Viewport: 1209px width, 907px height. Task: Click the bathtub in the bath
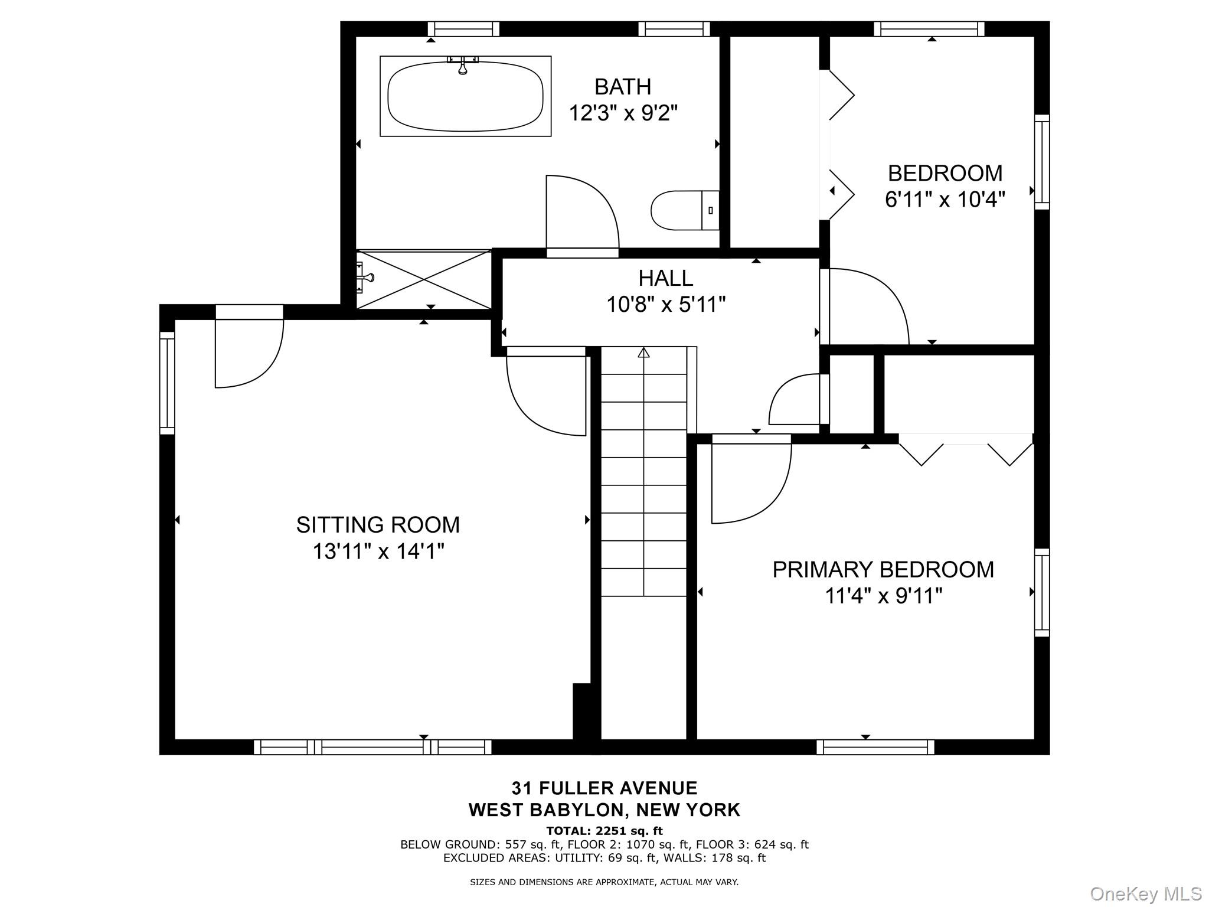(465, 96)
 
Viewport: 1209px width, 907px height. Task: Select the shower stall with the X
(424, 279)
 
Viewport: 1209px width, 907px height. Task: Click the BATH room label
(623, 87)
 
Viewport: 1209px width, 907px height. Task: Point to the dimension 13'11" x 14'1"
(378, 552)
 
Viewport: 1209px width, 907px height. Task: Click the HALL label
(665, 278)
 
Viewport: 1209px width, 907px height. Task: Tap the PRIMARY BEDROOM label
(883, 569)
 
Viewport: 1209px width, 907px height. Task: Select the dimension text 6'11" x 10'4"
(945, 200)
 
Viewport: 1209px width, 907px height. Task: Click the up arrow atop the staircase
(643, 353)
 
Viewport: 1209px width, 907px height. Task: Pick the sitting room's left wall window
(168, 383)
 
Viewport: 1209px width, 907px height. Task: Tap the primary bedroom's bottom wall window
(875, 747)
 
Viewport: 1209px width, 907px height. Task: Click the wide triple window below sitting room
(372, 747)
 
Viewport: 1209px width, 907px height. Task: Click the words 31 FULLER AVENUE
(604, 788)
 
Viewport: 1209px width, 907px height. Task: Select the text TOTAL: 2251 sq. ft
(604, 831)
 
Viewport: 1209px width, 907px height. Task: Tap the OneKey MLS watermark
(1145, 893)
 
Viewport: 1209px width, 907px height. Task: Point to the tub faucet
(463, 65)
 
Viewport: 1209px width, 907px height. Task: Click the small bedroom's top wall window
(929, 29)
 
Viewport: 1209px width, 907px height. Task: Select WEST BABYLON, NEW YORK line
(604, 810)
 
